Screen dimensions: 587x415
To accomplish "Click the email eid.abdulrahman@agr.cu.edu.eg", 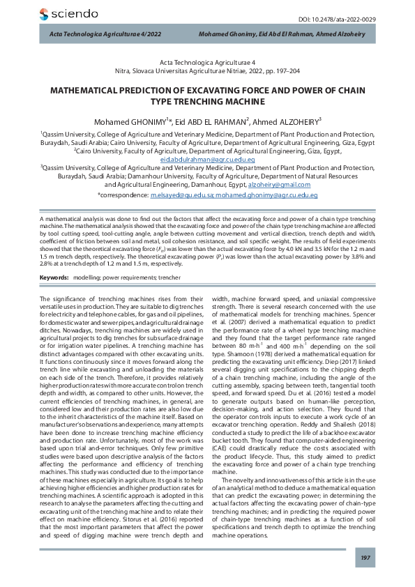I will click(x=207, y=160).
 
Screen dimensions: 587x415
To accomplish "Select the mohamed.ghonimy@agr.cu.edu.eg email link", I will click(x=264, y=197).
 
